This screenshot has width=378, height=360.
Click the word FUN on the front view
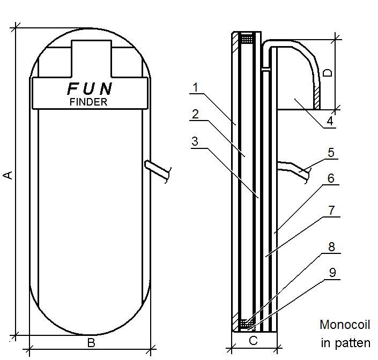pos(90,88)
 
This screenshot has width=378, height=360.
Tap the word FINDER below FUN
pos(88,102)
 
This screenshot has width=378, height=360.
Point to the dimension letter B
pos(91,343)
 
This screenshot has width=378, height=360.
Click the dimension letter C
pos(254,341)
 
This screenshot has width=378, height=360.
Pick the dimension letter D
pos(328,73)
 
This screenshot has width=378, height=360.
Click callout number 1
pos(196,87)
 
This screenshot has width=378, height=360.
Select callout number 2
pos(196,114)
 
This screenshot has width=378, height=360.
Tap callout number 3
pos(195,141)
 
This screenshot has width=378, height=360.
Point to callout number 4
pos(330,121)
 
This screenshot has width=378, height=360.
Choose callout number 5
pos(331,153)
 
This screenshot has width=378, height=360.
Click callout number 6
pos(331,178)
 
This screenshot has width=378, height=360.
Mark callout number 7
pos(332,211)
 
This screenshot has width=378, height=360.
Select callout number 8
pos(332,247)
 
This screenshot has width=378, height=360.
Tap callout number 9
pos(332,273)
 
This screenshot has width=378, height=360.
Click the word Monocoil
pos(345,325)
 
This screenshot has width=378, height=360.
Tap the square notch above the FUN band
pos(91,58)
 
